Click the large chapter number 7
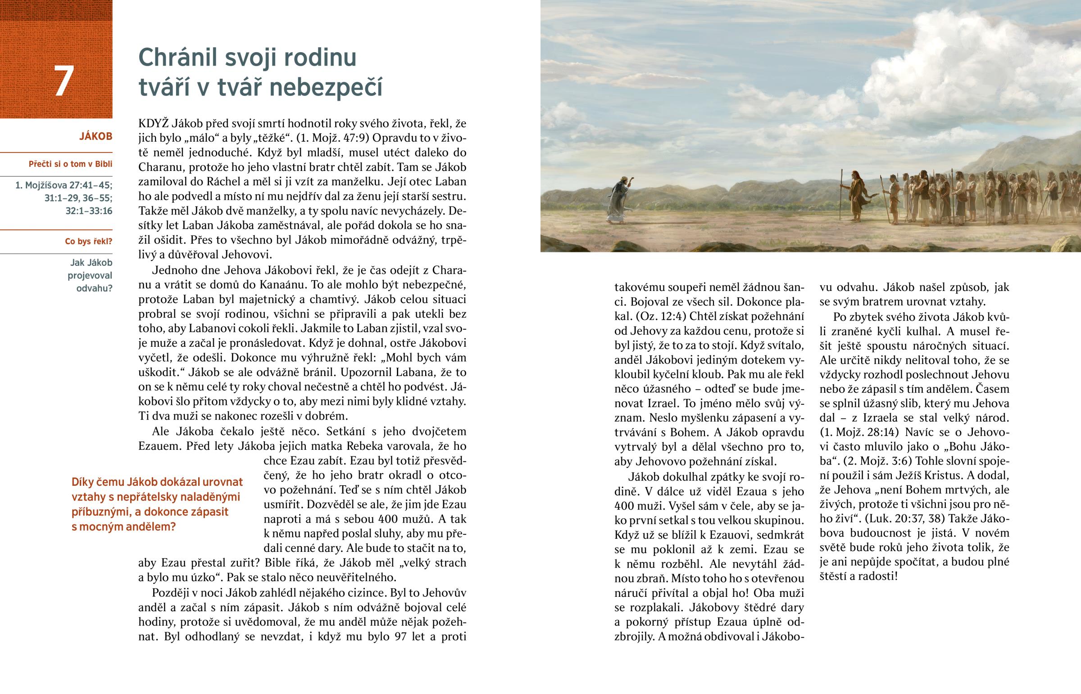(64, 81)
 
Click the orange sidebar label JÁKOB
(95, 137)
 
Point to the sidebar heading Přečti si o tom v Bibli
(70, 164)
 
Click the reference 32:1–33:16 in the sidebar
(89, 211)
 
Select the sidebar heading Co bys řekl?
(88, 242)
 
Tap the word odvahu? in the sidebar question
(94, 288)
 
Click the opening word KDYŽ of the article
(153, 124)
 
